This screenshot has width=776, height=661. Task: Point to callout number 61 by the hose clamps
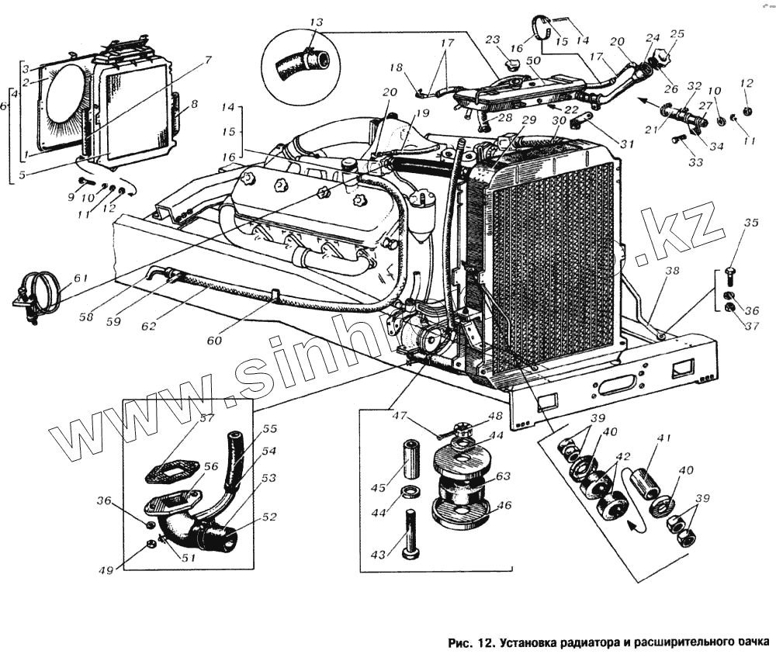click(81, 278)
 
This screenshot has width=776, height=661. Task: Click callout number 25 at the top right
click(677, 33)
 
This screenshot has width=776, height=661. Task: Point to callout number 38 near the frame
click(672, 272)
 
